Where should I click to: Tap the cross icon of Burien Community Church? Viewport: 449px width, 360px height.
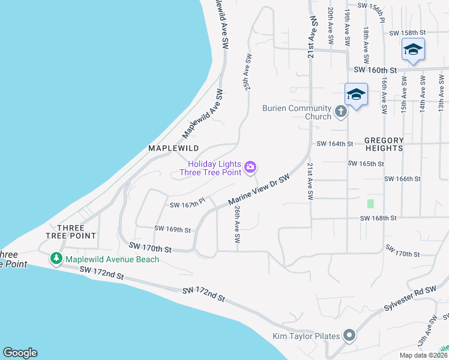click(x=340, y=111)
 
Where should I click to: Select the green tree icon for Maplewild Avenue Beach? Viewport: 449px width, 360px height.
click(x=56, y=259)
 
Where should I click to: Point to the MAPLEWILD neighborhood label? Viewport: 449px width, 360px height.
click(x=173, y=148)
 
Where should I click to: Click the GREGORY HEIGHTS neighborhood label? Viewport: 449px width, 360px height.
click(x=384, y=144)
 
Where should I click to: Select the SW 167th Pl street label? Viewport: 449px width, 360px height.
click(x=188, y=205)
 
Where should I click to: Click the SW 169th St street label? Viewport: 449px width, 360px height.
click(x=172, y=229)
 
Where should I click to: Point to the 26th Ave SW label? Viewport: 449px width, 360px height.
click(x=238, y=223)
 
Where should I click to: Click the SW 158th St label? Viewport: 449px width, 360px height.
click(x=407, y=32)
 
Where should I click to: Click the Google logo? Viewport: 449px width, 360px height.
click(x=20, y=353)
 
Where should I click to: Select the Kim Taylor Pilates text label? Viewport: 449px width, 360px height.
click(x=306, y=337)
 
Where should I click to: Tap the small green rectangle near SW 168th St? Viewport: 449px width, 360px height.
click(x=370, y=204)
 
